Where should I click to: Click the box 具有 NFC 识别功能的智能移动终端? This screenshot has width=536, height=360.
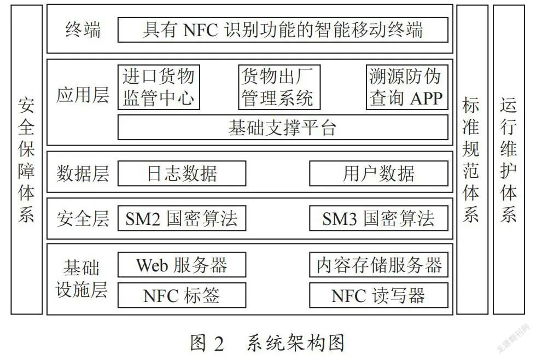[x=283, y=30]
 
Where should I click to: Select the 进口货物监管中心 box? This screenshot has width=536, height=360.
[x=159, y=87]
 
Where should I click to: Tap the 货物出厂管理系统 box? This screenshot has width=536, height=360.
[x=279, y=87]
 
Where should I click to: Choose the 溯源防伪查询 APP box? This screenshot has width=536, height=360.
[x=407, y=87]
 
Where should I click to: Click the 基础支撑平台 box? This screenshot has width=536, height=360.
[x=283, y=127]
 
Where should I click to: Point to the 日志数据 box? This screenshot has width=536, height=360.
[x=182, y=173]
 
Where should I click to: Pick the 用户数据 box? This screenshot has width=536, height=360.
[x=378, y=173]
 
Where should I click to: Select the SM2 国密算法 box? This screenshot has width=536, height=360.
[x=182, y=218]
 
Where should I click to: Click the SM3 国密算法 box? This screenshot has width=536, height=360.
[x=378, y=218]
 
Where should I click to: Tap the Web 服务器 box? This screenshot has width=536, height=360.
[x=182, y=265]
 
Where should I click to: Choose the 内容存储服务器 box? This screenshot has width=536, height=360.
[x=378, y=265]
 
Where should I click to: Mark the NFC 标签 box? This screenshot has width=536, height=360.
[x=182, y=295]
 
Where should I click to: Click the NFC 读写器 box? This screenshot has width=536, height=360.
[x=378, y=295]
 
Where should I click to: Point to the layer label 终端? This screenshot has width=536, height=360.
[x=83, y=30]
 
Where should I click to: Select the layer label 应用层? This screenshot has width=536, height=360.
[x=83, y=95]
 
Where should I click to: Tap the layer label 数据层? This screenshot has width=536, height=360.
[x=83, y=173]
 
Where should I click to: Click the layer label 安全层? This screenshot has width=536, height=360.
[x=83, y=218]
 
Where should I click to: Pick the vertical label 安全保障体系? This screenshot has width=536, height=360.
[x=26, y=160]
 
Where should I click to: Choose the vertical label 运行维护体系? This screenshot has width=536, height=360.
[x=508, y=160]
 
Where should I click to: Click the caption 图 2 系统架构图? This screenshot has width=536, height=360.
[x=267, y=342]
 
